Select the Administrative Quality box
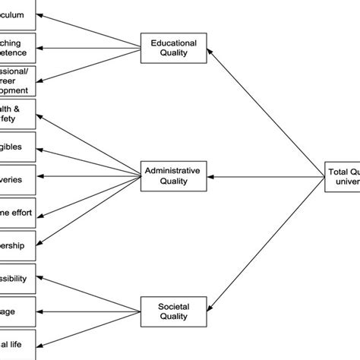172,176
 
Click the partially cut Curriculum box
17,14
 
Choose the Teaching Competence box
17,49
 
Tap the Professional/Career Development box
17,81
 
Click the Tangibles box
17,147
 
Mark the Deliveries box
17,179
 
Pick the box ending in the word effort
17,213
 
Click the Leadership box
17,245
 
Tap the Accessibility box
17,278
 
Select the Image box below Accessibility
17,311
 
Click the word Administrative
172,171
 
